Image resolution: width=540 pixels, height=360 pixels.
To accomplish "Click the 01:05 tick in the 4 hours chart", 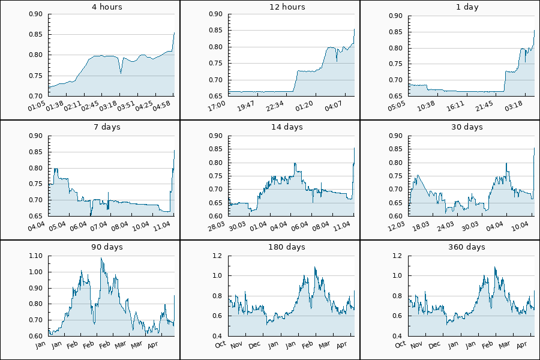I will pos(38,106).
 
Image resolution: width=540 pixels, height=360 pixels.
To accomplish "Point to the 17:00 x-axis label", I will pos(218,106).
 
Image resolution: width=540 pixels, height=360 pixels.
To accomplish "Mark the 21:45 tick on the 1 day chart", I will pos(484,106).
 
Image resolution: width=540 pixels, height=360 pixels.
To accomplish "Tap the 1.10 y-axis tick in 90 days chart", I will pos(35,256).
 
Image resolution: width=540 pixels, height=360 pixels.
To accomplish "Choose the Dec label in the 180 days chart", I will pos(255,345).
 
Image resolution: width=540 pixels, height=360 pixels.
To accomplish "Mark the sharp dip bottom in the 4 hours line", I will pos(121,73).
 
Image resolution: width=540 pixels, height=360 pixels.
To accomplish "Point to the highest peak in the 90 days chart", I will pos(101,259).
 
